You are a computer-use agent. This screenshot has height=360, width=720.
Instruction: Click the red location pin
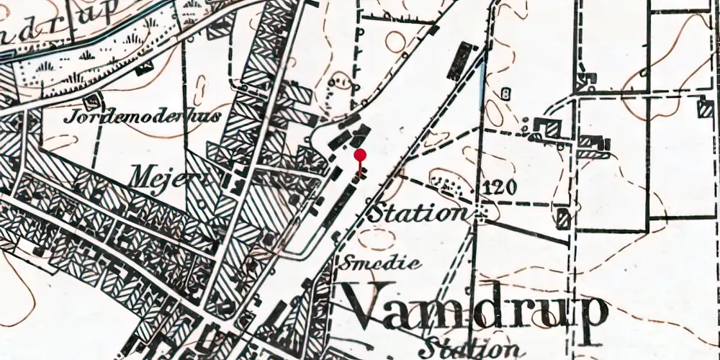[360, 155]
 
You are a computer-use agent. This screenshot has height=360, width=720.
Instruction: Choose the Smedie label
[382, 264]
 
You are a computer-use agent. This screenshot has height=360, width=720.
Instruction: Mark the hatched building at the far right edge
[705, 109]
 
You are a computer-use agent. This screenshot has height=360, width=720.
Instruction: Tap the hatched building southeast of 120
[564, 217]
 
